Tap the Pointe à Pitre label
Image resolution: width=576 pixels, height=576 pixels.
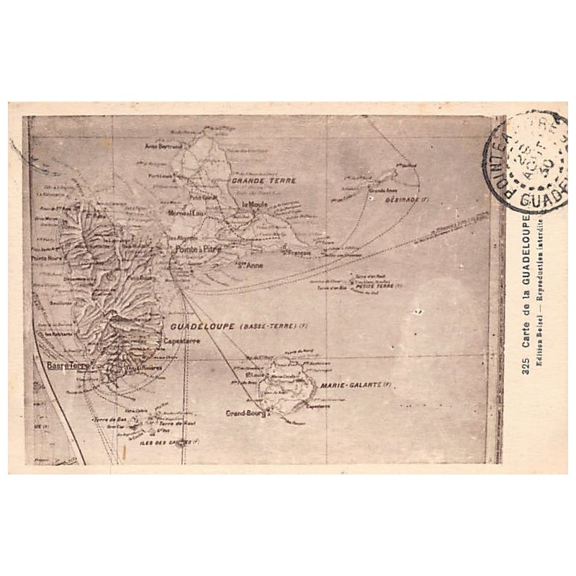[199, 249]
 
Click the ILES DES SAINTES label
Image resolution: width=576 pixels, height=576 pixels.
[165, 443]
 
